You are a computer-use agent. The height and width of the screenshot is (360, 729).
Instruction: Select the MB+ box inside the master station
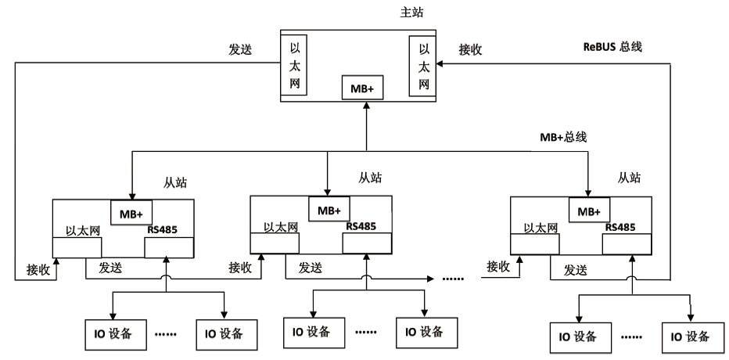[x=360, y=88]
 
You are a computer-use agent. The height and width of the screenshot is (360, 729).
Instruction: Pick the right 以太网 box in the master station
[x=422, y=66]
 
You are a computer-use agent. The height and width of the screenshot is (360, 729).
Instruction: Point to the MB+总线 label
[x=563, y=137]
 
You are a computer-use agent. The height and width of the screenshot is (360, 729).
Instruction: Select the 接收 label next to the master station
[x=470, y=49]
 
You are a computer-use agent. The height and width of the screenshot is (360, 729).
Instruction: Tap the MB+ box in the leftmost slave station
[x=131, y=213]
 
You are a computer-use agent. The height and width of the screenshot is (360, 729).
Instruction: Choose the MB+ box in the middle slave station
[x=329, y=209]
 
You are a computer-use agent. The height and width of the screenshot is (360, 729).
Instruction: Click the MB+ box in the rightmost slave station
[x=589, y=211]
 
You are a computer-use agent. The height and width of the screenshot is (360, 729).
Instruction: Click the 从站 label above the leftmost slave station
[x=176, y=182]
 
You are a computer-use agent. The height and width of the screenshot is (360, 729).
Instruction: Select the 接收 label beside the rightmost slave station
[x=498, y=267]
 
